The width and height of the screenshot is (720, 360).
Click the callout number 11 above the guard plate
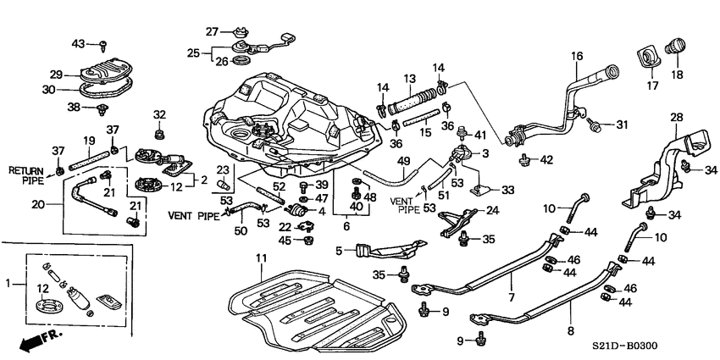(x=260, y=258)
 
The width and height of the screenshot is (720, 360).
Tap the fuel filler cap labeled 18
(x=677, y=44)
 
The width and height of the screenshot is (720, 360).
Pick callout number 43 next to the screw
(x=78, y=43)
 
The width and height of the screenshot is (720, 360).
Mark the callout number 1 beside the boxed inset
(x=8, y=283)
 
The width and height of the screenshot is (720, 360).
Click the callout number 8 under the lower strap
(x=569, y=332)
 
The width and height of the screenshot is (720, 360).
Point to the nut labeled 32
(x=159, y=134)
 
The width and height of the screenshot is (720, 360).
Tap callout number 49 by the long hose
(x=403, y=161)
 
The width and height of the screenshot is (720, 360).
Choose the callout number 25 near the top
(x=194, y=53)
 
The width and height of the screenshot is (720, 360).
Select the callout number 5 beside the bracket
(x=339, y=251)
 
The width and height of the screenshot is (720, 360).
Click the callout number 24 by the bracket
(x=492, y=211)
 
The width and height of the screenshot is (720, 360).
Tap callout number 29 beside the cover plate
(x=56, y=74)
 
